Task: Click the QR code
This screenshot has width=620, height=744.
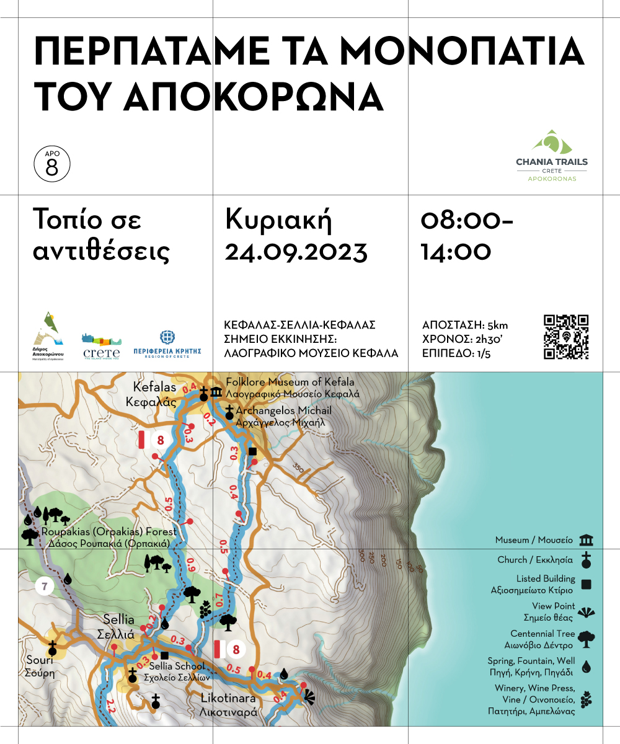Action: point(566,337)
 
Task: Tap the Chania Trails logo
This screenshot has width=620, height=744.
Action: point(552,156)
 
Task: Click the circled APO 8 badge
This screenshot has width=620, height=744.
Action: point(52,164)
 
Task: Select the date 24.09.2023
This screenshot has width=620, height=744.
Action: point(296,252)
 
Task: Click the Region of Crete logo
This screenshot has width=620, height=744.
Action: point(167,345)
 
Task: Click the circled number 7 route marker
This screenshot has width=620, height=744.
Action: point(45,586)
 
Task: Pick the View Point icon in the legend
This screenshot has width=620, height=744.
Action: point(586,613)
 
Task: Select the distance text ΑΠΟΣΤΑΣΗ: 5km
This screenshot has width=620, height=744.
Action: point(464,325)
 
